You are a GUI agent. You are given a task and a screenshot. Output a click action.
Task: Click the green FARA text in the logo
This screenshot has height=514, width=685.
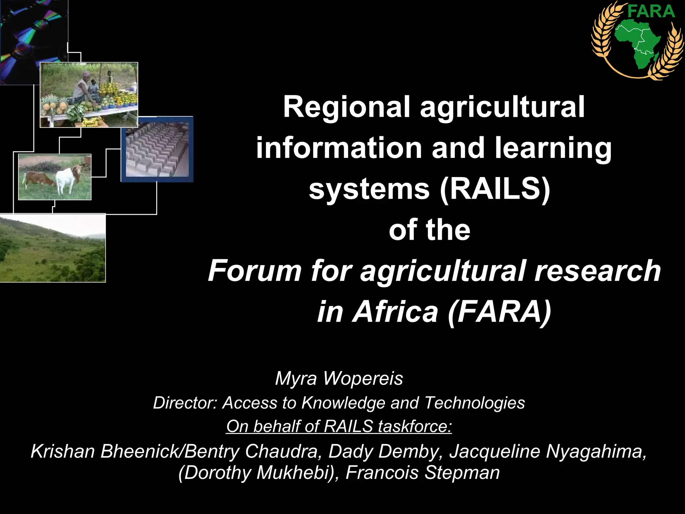[x=651, y=11]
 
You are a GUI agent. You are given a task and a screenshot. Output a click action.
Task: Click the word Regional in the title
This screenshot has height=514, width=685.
[x=346, y=107]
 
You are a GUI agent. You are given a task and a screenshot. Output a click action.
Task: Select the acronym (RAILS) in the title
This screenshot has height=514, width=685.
[x=495, y=189]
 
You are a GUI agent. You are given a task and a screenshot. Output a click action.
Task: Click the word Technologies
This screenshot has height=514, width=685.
[x=475, y=403]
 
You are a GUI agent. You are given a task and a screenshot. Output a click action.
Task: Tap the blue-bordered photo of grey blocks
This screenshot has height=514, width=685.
[x=157, y=149]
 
